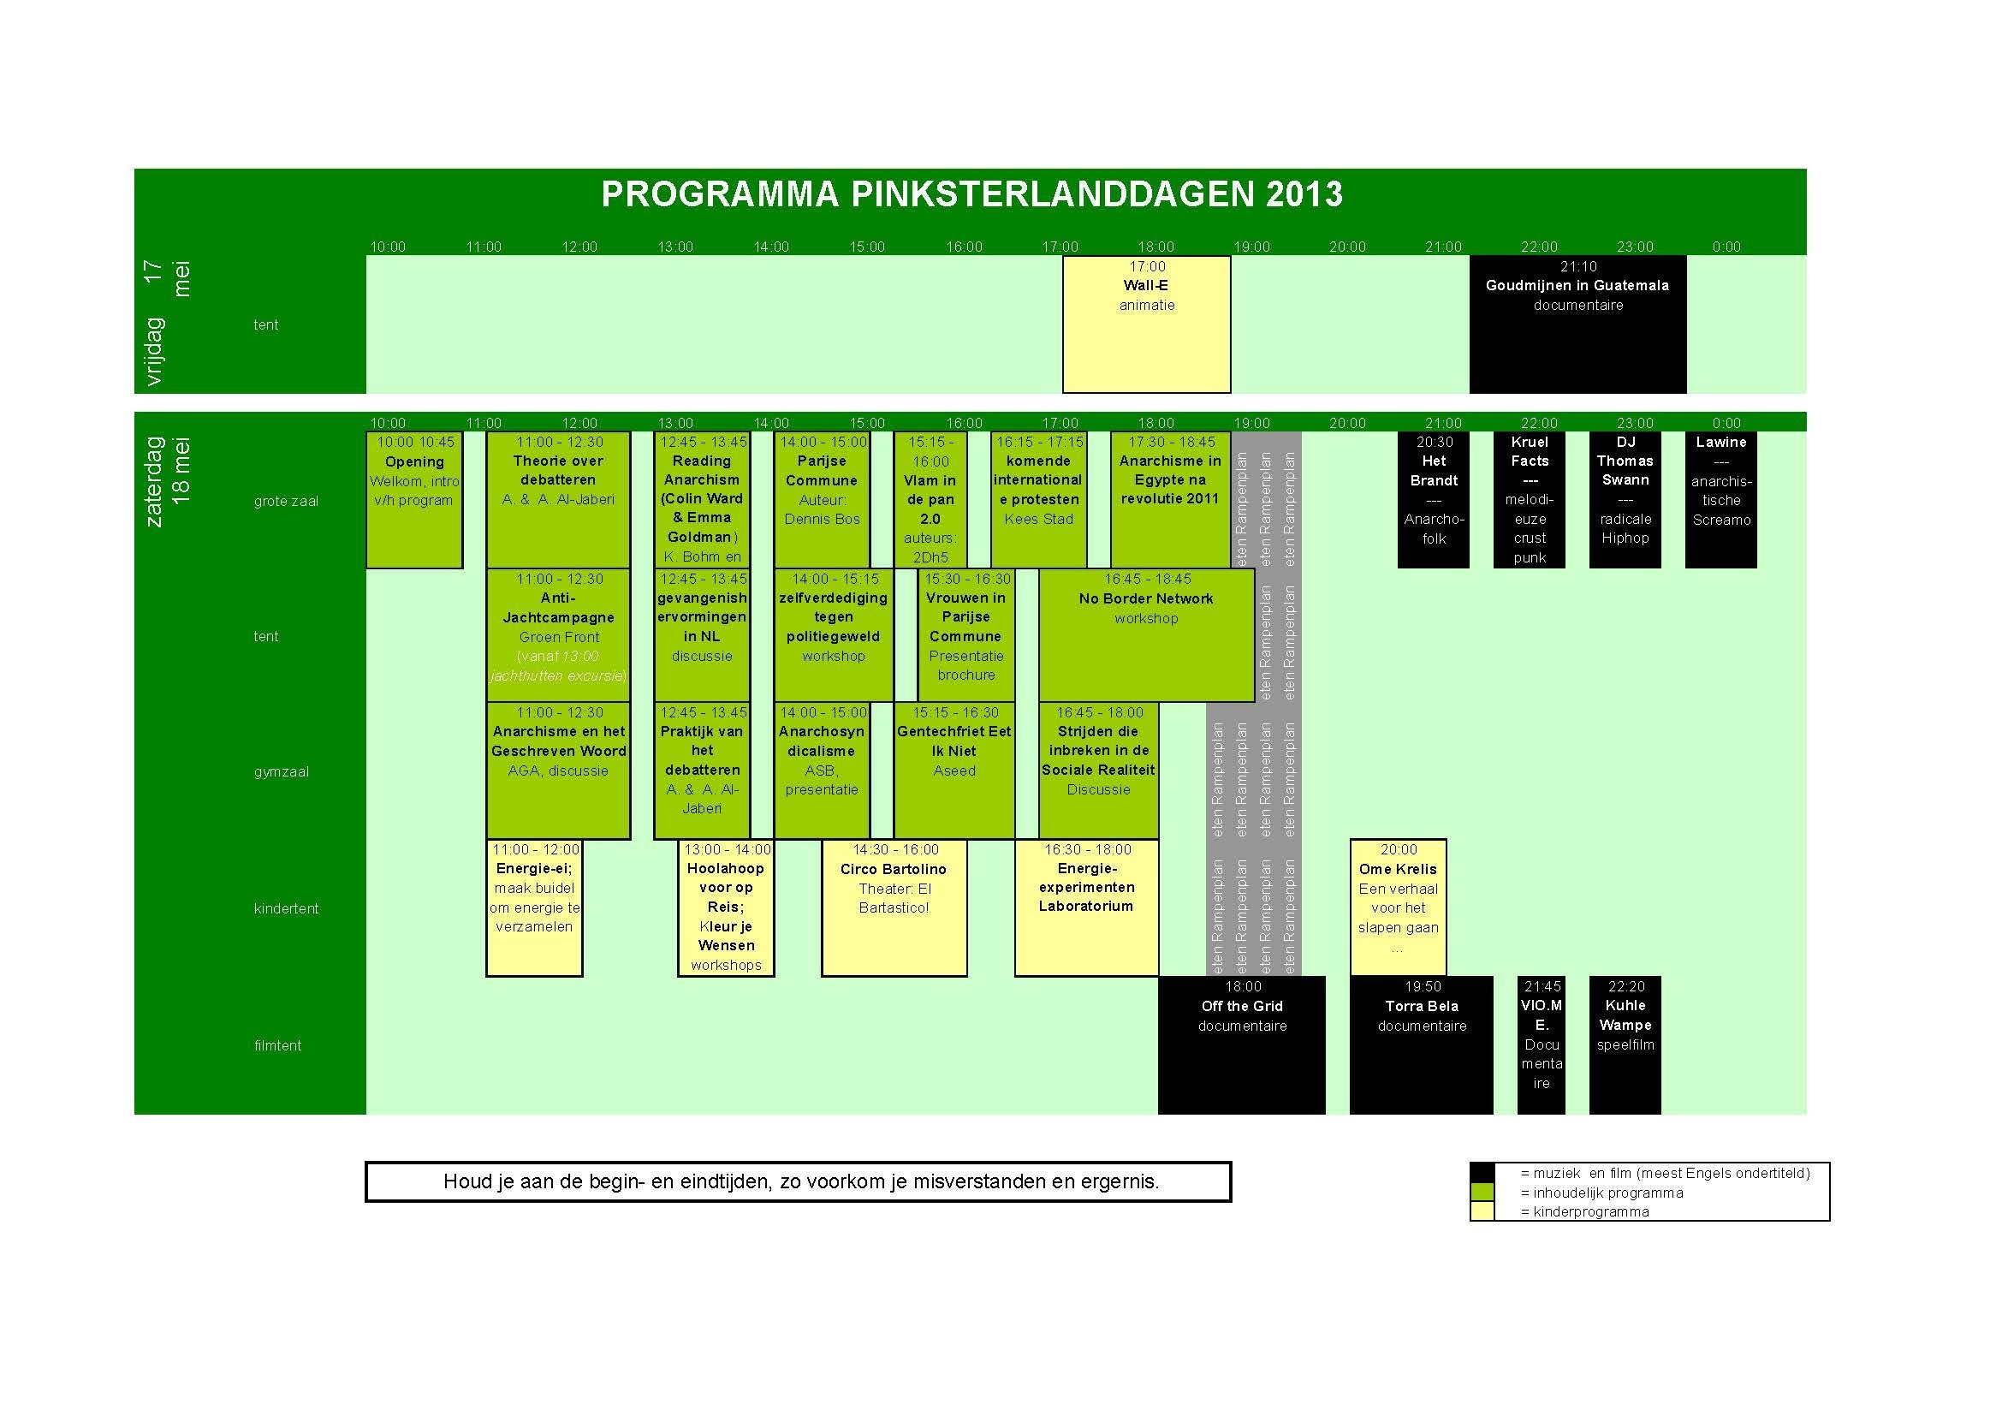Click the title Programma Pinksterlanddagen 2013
click(971, 194)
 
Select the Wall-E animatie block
click(1146, 324)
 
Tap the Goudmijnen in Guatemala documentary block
click(1577, 324)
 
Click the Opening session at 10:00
click(414, 500)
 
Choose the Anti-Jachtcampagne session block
click(558, 634)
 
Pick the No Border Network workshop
click(1146, 634)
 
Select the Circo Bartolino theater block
click(894, 907)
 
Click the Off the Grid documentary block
click(1242, 1044)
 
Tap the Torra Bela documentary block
click(1422, 1044)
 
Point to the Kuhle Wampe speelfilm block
click(1625, 1044)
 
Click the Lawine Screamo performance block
click(1720, 500)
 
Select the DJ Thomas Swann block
click(1625, 500)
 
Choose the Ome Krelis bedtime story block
click(1398, 907)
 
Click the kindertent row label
click(286, 908)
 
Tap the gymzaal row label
click(281, 771)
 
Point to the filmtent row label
click(277, 1045)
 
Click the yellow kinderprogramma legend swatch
click(1482, 1211)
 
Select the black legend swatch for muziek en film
click(1482, 1173)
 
